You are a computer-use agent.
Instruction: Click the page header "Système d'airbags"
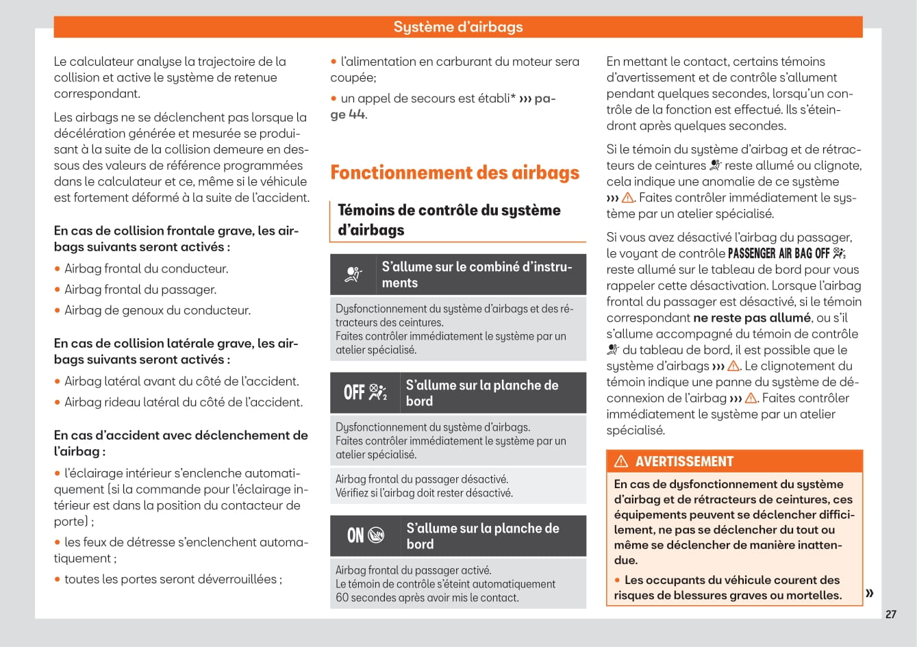457,27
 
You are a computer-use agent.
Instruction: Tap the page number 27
890,614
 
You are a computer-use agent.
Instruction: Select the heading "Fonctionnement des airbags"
455,173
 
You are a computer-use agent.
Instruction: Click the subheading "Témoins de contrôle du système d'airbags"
449,220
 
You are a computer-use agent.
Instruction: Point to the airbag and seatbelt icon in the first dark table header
353,275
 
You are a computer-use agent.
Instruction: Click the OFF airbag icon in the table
365,392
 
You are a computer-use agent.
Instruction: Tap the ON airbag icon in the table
365,535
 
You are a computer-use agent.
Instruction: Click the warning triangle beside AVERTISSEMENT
621,461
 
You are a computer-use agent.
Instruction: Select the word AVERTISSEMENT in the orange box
684,461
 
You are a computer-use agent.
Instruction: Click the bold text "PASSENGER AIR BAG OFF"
779,253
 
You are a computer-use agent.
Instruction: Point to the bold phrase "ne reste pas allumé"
751,318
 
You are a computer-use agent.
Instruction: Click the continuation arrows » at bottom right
869,593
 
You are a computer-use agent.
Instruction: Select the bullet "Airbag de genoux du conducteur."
158,310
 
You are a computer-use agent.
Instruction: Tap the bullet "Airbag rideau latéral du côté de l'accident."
184,402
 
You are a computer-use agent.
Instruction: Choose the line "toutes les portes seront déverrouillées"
171,579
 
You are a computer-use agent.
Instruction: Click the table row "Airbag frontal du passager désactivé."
422,479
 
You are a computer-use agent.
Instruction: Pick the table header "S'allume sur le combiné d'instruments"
477,275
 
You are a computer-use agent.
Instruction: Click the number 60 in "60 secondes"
342,598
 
